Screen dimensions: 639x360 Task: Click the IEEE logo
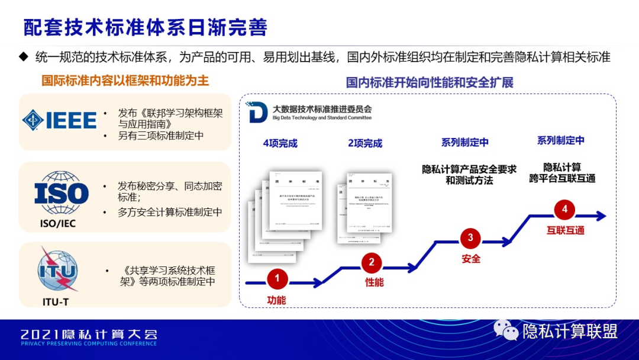(x=59, y=121)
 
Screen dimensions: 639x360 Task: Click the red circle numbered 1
(x=277, y=278)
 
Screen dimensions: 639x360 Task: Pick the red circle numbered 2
(x=372, y=262)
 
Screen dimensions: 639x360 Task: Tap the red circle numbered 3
(x=470, y=238)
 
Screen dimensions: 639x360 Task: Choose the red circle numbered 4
(x=564, y=209)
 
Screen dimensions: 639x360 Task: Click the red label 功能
(x=276, y=300)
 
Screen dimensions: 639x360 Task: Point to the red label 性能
(x=374, y=282)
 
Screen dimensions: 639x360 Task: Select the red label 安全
(x=471, y=259)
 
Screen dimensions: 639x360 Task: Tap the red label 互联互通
(x=565, y=230)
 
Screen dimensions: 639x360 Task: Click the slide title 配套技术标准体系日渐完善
(x=146, y=27)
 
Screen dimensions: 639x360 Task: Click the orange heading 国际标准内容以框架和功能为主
(x=125, y=80)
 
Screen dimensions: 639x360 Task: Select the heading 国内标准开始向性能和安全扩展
(x=430, y=82)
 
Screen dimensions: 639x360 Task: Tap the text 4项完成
(x=280, y=143)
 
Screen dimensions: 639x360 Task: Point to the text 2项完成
(x=364, y=143)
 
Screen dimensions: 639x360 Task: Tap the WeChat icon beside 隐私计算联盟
(x=506, y=330)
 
